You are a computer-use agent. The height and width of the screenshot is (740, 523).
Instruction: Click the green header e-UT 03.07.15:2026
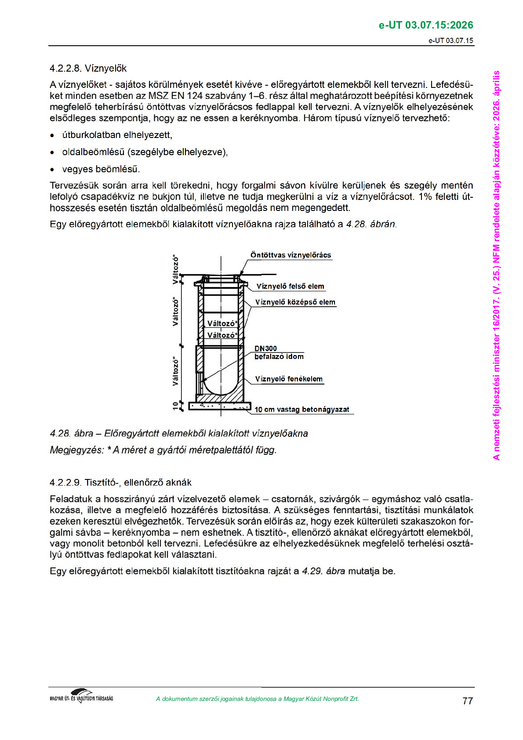(425, 25)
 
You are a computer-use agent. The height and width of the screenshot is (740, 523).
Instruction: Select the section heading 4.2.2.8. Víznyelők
(88, 69)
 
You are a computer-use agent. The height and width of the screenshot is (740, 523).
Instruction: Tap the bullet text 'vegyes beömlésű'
(101, 169)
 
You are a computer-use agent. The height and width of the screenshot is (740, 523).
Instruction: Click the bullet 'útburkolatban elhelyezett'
(117, 135)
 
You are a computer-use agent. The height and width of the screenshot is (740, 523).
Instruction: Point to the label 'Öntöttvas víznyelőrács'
(291, 255)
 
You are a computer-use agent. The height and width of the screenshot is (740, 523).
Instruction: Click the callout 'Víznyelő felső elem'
(290, 287)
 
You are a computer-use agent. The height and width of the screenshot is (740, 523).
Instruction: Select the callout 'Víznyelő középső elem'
(295, 302)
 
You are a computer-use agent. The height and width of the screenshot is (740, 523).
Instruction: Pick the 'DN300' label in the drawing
(265, 348)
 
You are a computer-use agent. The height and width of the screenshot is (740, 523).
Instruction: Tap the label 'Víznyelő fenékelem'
(289, 379)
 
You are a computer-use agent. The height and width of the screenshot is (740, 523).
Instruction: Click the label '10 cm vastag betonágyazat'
(301, 410)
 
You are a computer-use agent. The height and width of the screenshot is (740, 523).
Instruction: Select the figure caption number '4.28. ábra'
(71, 434)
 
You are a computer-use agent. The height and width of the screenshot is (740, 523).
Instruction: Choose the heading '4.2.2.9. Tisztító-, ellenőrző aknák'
(120, 482)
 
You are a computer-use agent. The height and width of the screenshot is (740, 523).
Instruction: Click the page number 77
(468, 701)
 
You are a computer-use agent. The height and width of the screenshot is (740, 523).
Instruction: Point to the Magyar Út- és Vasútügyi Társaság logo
(81, 696)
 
